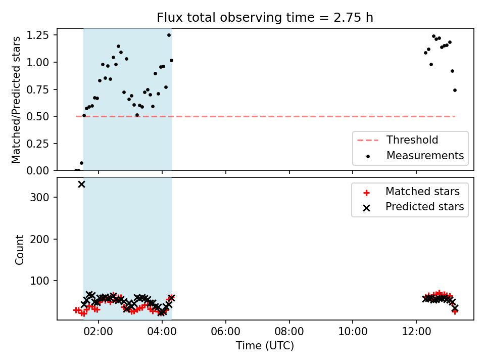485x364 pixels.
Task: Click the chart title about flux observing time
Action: [265, 17]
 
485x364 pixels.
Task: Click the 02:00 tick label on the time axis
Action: [99, 332]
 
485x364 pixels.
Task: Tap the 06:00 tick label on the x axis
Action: [225, 332]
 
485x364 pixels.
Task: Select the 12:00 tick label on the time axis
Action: [416, 332]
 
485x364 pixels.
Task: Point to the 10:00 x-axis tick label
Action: [353, 332]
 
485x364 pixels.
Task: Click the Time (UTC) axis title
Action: [265, 345]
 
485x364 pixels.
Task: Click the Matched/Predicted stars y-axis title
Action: [16, 100]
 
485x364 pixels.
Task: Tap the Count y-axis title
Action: [19, 249]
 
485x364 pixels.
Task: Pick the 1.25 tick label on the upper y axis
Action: [38, 35]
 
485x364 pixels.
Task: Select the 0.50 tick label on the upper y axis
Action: [38, 116]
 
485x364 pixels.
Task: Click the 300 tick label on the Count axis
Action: [39, 197]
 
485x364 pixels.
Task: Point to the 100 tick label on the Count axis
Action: [39, 281]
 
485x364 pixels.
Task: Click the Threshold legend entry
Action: [398, 140]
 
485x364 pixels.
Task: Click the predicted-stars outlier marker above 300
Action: [81, 185]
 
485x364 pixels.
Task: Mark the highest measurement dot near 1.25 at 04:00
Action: [169, 35]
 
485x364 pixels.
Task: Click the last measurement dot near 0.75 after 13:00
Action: [455, 90]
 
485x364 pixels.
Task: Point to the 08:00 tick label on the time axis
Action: [289, 332]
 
